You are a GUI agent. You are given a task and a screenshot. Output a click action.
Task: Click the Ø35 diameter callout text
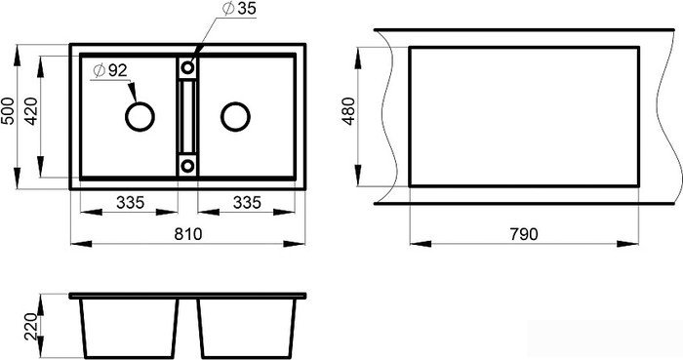239,9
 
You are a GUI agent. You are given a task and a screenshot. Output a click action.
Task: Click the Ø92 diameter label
110,70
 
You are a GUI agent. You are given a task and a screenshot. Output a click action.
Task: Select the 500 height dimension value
8,110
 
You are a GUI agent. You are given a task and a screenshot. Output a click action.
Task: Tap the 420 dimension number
31,111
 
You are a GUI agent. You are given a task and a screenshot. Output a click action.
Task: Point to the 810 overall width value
188,234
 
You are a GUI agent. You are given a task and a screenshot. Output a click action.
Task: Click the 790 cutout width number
524,234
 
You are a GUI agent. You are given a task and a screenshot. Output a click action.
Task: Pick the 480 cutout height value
349,111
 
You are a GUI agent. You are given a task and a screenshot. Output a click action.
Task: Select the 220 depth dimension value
31,327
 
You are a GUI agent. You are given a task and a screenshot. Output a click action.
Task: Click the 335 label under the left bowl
130,202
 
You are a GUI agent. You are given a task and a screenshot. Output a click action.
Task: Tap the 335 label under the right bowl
247,202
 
